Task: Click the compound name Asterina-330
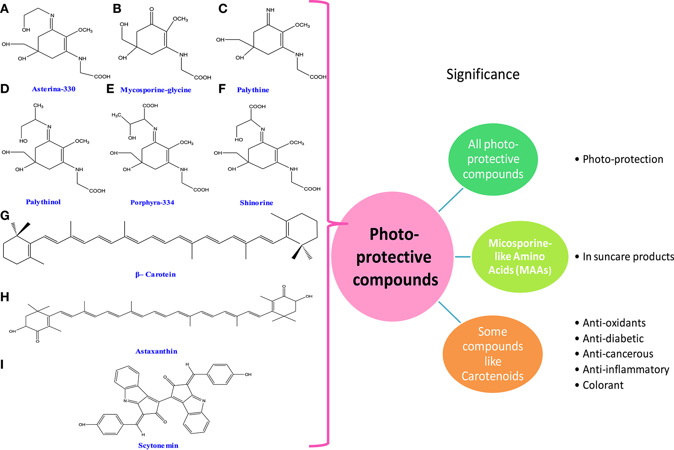point(53,89)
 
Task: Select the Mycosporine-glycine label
point(156,90)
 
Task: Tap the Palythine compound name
point(253,90)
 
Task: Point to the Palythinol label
point(43,202)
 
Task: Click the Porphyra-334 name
point(152,202)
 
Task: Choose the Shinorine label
point(256,203)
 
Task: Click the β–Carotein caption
point(156,274)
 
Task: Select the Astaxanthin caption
point(156,351)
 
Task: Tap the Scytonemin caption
point(158,445)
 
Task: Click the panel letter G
point(5,216)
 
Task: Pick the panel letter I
point(2,365)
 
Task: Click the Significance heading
point(483,74)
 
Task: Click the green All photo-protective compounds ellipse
point(493,159)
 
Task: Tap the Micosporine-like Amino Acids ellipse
point(520,257)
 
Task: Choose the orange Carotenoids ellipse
point(493,354)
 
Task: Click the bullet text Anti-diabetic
point(613,339)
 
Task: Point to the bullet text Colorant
point(603,385)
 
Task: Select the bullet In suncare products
point(628,257)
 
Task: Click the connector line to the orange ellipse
point(449,312)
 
